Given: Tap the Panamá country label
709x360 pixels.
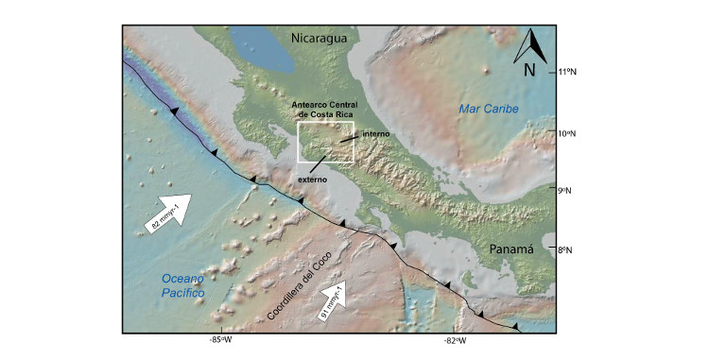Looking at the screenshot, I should click(x=511, y=249).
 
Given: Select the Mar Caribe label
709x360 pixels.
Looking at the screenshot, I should click(x=489, y=110).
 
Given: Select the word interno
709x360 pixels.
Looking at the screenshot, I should click(x=375, y=134).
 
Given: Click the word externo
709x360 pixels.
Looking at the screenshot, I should click(x=313, y=178).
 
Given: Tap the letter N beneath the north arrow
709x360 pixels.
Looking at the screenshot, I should click(x=530, y=69).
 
